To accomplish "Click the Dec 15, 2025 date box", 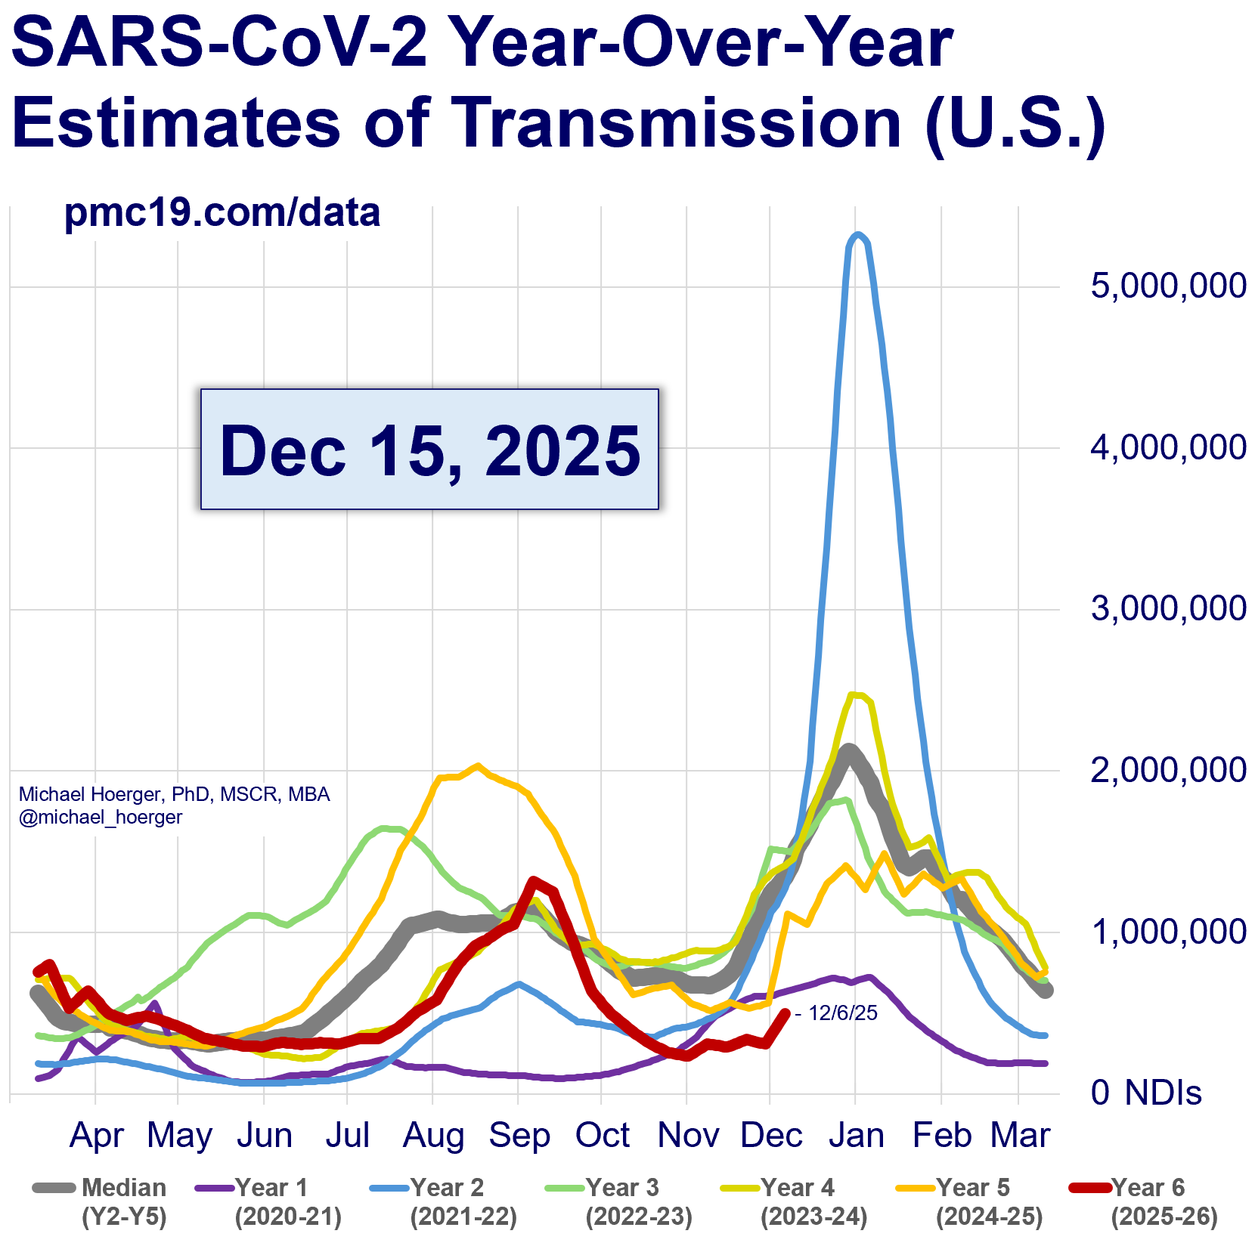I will click(429, 450).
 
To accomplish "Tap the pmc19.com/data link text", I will click(222, 213).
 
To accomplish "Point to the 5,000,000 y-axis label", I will click(1167, 286).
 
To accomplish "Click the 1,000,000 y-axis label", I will click(1167, 932).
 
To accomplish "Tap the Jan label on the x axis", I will click(856, 1136).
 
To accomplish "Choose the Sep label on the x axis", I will click(519, 1136).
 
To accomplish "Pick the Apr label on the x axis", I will click(97, 1136).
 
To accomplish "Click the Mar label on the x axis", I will click(1020, 1136).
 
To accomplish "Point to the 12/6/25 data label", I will click(842, 1013).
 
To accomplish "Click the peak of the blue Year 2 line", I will click(857, 235).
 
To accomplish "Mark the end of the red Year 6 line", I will click(786, 1013).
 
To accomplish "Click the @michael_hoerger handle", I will click(101, 818).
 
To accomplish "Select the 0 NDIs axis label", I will click(1146, 1093).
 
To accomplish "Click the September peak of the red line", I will click(535, 880).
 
